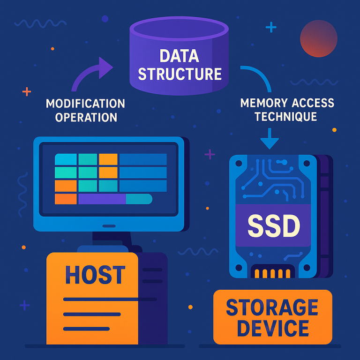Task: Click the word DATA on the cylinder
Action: [x=180, y=56]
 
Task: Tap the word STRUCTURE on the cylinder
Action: [x=180, y=74]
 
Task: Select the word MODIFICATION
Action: [x=85, y=103]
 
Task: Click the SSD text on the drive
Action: [x=273, y=226]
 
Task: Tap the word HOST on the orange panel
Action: [x=95, y=275]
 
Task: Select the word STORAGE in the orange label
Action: [x=272, y=308]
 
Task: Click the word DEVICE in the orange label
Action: [x=272, y=328]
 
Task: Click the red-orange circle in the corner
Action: [x=319, y=38]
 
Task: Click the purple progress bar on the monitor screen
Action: [x=102, y=199]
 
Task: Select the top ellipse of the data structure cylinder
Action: [x=180, y=26]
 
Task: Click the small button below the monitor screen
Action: [x=109, y=225]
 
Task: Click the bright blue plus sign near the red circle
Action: [x=271, y=28]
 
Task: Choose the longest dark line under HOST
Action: [x=110, y=299]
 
